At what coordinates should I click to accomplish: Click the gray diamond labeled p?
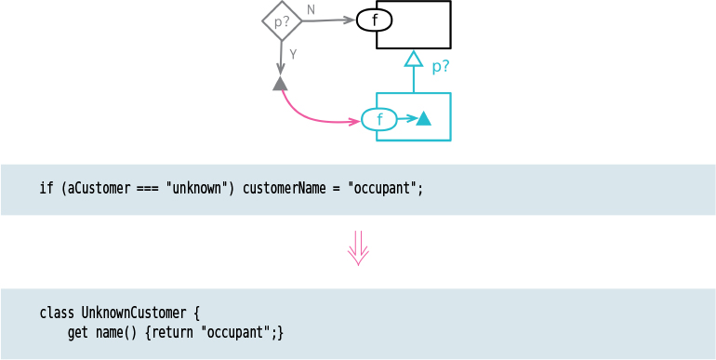click(x=282, y=20)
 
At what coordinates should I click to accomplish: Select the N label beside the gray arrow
click(x=311, y=9)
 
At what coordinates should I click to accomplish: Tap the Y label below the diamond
click(x=293, y=54)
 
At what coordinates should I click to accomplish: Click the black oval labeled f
click(x=374, y=20)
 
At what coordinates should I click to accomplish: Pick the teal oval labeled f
click(x=378, y=119)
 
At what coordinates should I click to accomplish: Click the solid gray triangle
click(x=280, y=84)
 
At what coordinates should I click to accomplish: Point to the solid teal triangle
click(x=423, y=118)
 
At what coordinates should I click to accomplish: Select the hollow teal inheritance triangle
click(x=414, y=60)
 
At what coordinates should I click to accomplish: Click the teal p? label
click(x=441, y=67)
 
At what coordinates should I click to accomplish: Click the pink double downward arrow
click(x=358, y=248)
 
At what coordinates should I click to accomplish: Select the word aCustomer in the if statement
click(x=99, y=188)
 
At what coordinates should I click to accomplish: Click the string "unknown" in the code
click(x=197, y=188)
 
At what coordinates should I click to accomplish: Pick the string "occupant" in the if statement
click(x=383, y=188)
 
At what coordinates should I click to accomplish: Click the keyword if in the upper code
click(x=46, y=188)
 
